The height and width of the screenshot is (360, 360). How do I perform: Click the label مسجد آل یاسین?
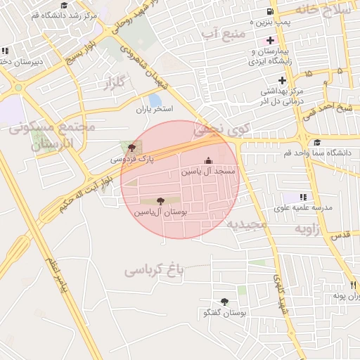pos(208,171)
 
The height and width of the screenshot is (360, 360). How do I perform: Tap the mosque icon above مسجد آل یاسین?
pos(207,160)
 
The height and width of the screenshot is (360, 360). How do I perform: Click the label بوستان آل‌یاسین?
pos(160,211)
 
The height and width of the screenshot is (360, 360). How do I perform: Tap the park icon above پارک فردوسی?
pos(132,148)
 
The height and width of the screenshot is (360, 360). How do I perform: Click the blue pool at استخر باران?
pos(155,101)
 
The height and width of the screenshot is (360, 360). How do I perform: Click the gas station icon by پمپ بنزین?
pos(271,13)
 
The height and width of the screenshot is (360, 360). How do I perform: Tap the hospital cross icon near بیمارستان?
pos(270,39)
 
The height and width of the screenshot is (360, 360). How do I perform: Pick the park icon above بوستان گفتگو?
pos(224,302)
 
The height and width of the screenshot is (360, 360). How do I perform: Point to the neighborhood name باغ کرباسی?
pos(154,269)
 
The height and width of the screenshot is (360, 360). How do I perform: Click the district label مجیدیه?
pos(246,224)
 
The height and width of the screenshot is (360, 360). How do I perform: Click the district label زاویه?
pos(307,229)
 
